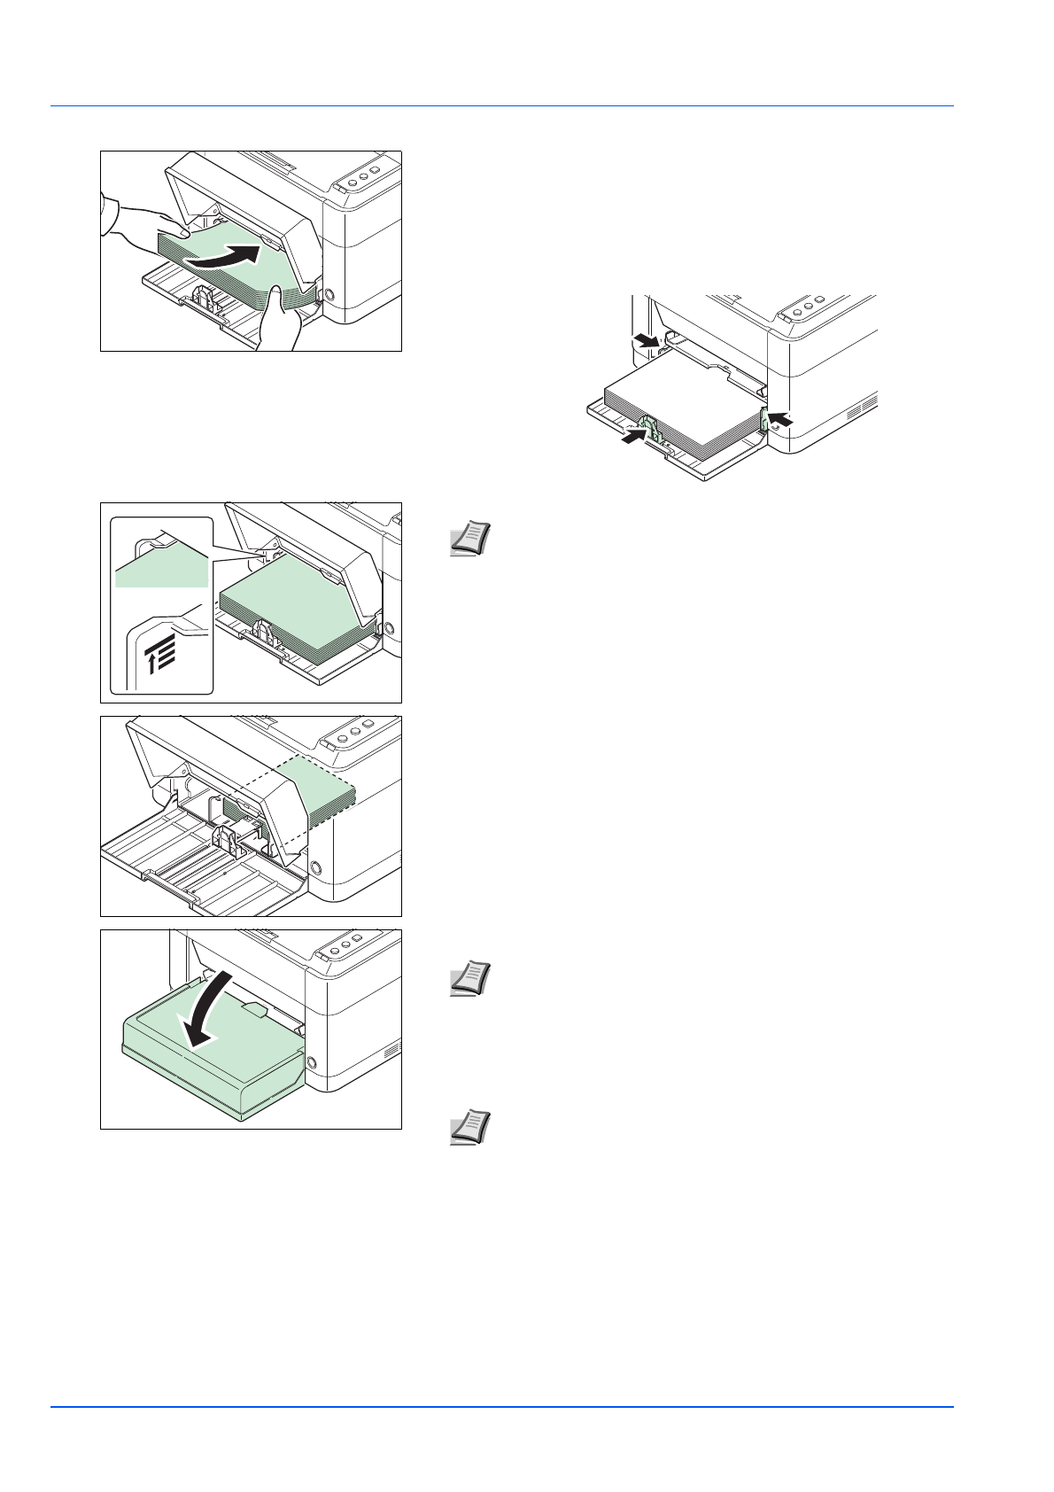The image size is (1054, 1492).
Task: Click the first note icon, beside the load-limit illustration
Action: click(470, 539)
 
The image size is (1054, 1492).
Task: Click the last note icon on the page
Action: click(470, 1128)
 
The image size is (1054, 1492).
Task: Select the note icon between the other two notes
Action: click(470, 979)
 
